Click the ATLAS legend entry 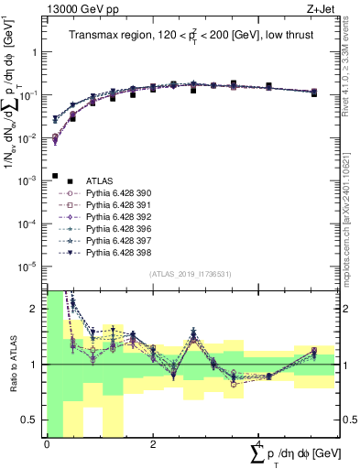click(99, 181)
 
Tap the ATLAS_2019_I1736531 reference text click(191, 273)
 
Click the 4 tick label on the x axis click(258, 444)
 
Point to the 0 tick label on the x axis click(47, 444)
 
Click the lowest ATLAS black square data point click(55, 176)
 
